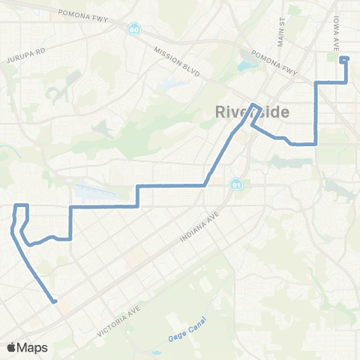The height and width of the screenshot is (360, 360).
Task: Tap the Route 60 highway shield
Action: coord(133,28)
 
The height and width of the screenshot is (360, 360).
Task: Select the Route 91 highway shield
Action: coord(236,184)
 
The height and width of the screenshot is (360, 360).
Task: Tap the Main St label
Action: coord(282,28)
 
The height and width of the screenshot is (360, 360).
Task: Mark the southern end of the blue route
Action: coord(55,302)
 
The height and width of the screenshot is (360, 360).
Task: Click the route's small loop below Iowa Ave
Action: coord(344,59)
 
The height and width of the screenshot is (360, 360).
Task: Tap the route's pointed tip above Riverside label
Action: coord(254,105)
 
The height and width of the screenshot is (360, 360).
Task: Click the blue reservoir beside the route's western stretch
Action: coord(94,192)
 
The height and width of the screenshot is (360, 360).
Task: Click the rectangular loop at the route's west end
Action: coord(21,210)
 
